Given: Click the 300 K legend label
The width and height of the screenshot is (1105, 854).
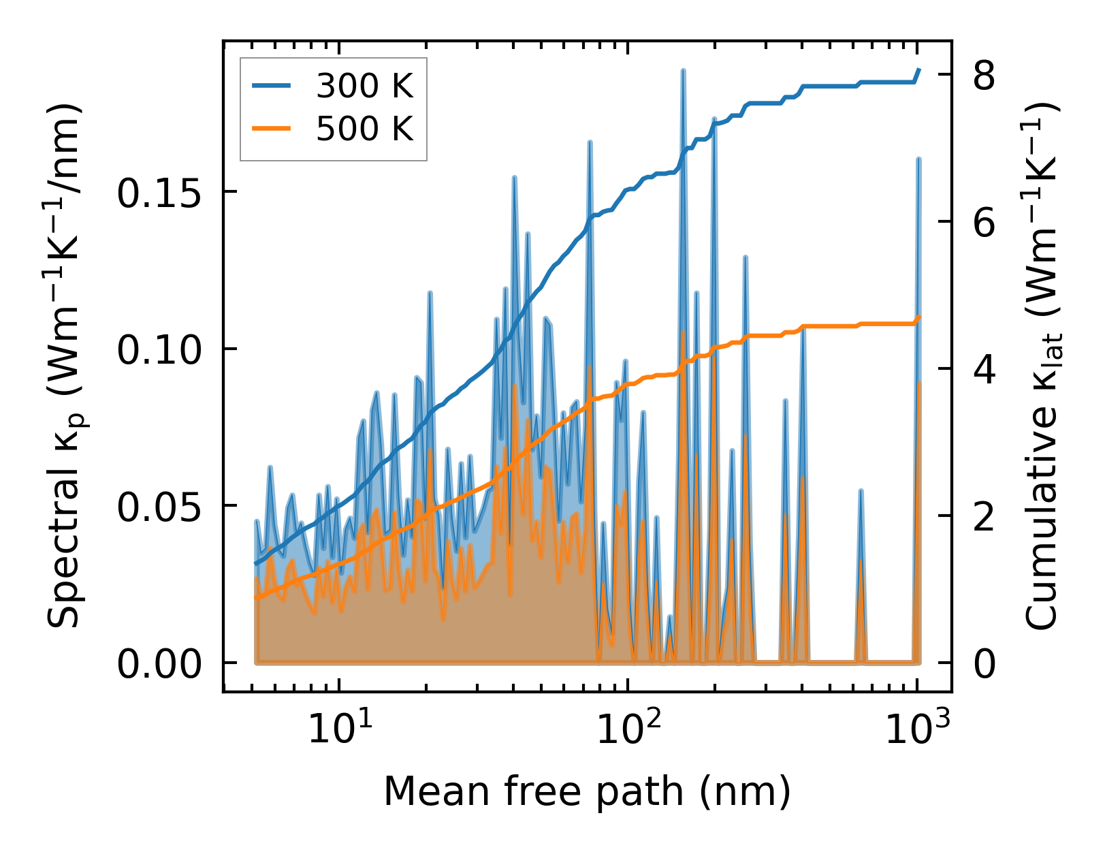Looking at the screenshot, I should (364, 86).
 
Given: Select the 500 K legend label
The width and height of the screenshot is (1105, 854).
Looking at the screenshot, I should (364, 128).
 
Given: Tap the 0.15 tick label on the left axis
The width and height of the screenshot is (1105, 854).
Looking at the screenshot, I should (160, 193).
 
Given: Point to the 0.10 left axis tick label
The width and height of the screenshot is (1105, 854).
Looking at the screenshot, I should (160, 350).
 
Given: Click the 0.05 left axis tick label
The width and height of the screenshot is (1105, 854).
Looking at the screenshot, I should (160, 507).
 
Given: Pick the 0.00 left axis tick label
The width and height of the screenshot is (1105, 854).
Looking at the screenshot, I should (160, 664).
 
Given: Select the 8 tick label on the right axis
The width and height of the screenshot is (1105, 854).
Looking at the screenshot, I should (984, 75).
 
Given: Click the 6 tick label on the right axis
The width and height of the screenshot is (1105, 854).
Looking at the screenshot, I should (984, 223).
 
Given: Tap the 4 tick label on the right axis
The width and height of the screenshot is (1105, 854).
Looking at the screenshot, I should (984, 370).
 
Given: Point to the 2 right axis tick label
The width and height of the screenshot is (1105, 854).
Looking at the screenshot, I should (984, 517).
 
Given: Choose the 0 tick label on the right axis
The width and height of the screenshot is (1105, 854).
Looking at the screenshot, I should (984, 664).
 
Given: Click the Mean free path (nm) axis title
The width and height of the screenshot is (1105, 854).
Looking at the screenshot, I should (587, 791).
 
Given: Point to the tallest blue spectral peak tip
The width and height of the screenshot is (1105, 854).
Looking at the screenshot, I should (683, 70).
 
